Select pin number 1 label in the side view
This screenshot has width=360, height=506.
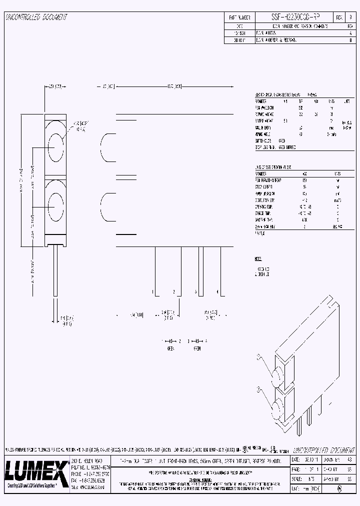pos(152,291)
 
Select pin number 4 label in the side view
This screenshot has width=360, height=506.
pos(217,291)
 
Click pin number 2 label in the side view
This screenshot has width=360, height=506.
pos(173,291)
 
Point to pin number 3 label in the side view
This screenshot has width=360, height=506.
pos(196,291)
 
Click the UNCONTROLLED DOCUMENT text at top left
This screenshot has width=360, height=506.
pos(36,17)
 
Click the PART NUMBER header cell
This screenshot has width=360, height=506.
pos(239,17)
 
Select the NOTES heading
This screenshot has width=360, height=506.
pos(258,259)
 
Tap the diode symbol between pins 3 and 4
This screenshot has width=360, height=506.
pos(198,340)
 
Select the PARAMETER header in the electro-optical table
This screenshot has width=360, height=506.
pos(264,101)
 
